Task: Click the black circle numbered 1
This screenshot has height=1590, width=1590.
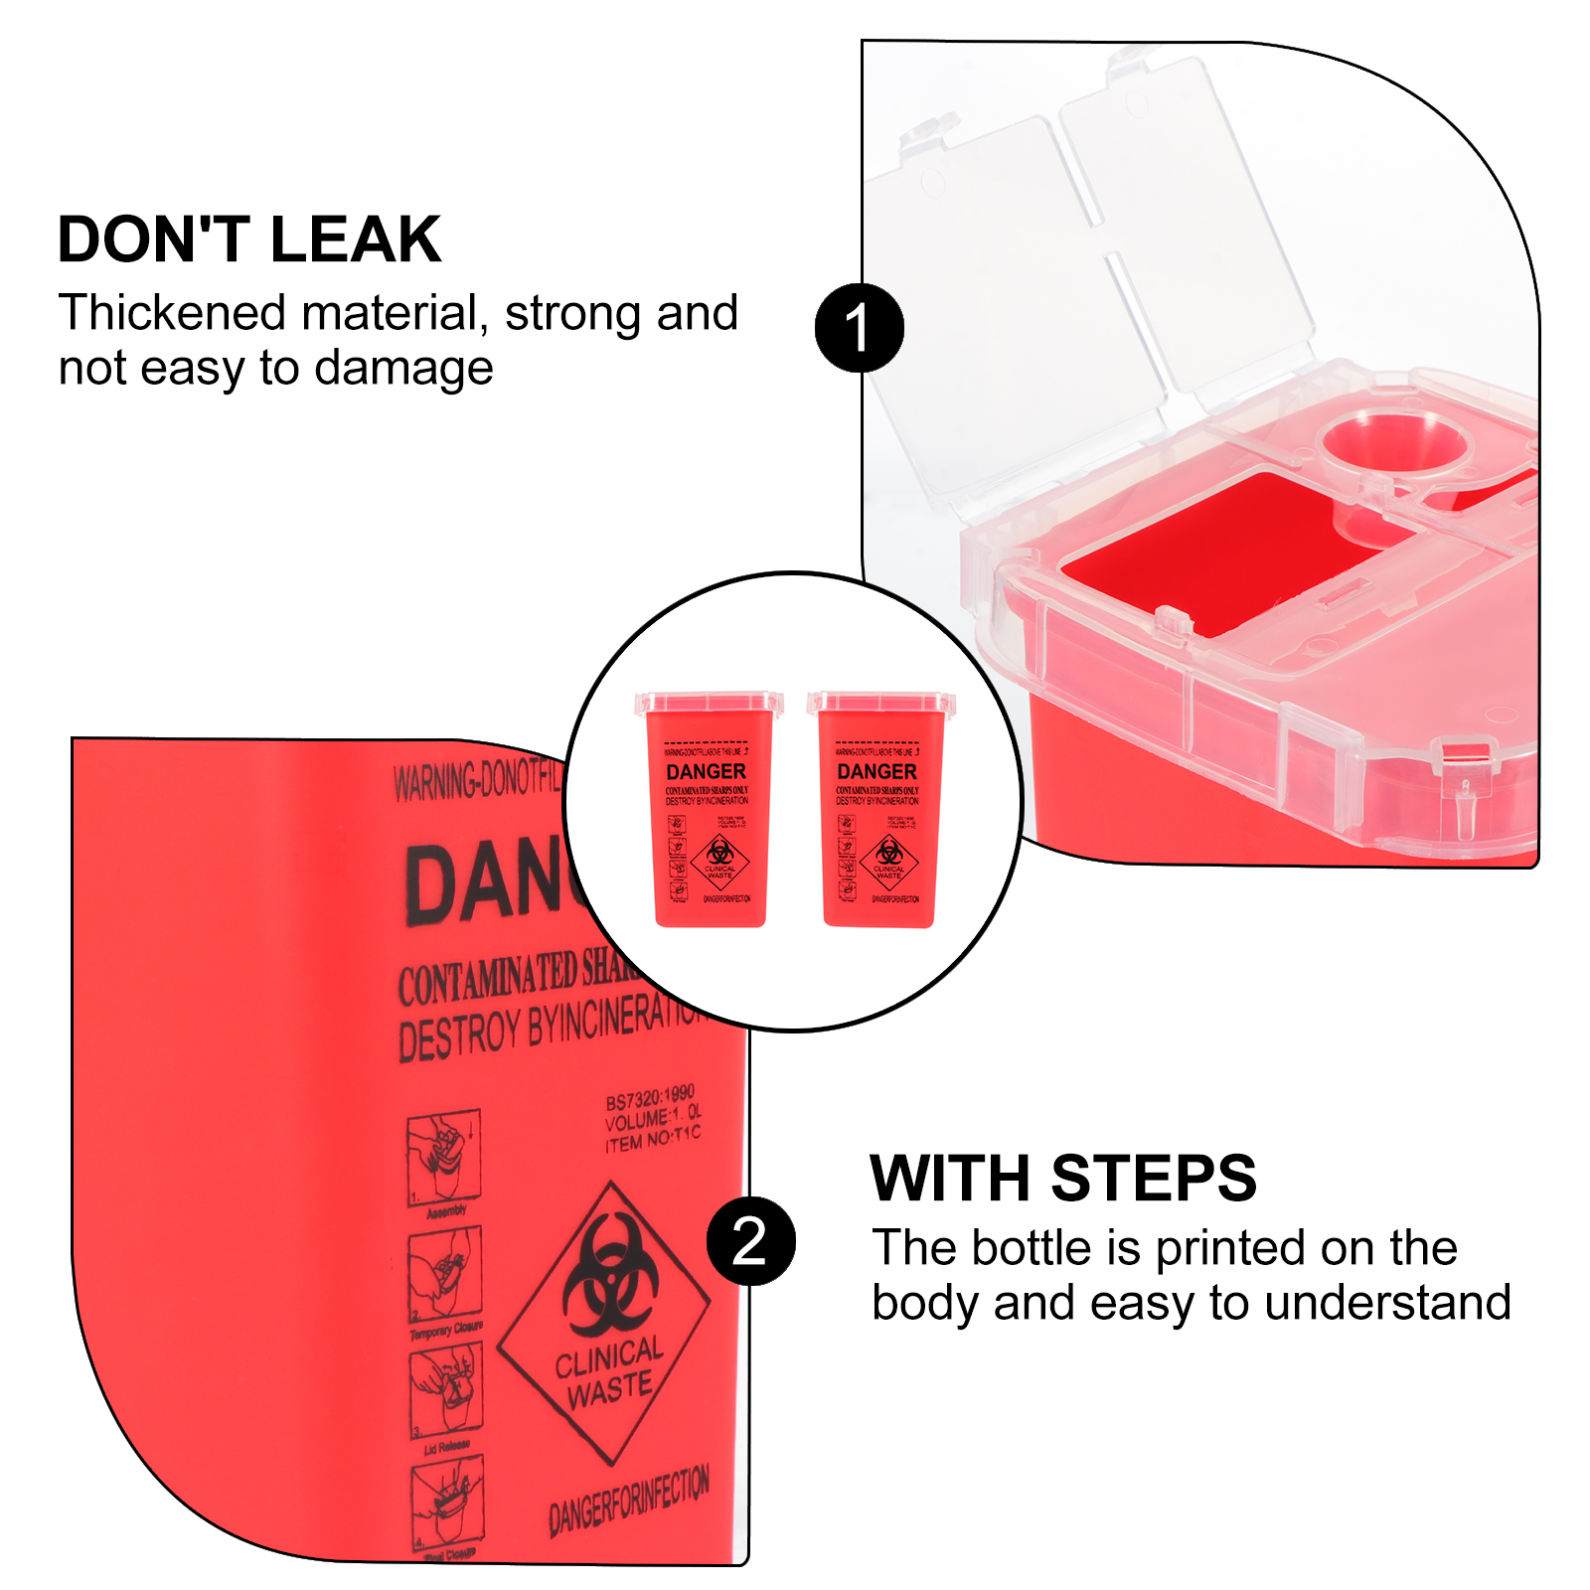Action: [x=859, y=328]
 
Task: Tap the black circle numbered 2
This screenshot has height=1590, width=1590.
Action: [x=750, y=1241]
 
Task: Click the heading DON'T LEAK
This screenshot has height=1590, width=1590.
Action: [x=248, y=239]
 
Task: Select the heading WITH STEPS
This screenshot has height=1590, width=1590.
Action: [x=1062, y=1179]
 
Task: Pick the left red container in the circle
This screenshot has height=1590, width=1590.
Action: [x=710, y=810]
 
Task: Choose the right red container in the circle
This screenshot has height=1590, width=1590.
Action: [x=880, y=810]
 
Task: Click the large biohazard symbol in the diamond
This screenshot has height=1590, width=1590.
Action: [x=608, y=1275]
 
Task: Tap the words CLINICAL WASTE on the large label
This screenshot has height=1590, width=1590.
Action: [x=608, y=1371]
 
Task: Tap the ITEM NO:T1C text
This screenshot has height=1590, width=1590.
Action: [x=653, y=1139]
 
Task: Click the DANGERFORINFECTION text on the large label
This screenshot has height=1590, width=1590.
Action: [x=629, y=1501]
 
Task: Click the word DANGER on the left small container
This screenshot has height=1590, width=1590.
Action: [x=706, y=772]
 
